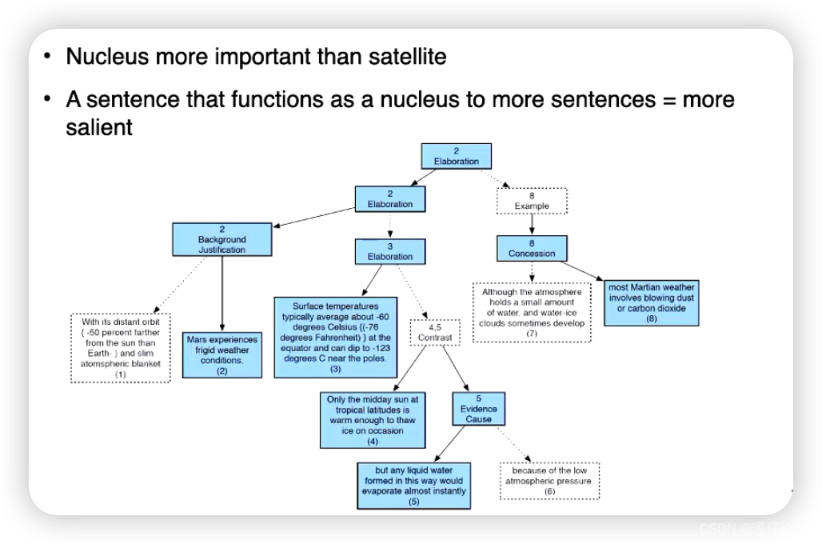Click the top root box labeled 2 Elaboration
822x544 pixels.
pos(456,156)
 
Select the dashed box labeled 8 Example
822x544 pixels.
pos(532,200)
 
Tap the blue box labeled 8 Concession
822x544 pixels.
pos(532,248)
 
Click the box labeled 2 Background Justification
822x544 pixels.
pos(221,239)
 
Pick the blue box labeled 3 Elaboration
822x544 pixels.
pos(390,251)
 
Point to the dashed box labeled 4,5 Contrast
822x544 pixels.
pos(434,332)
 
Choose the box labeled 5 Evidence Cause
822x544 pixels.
pos(479,408)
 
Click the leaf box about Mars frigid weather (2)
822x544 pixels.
pos(221,354)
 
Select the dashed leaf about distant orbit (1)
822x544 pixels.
pos(120,347)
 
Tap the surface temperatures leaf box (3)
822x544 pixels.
pos(336,337)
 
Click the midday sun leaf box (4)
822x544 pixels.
pos(372,419)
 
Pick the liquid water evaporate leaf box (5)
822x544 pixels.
pos(413,485)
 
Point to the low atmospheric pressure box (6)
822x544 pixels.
pos(549,480)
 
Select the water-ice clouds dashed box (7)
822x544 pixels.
pos(532,313)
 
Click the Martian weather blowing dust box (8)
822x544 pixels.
pos(652,302)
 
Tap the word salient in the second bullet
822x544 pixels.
pos(99,127)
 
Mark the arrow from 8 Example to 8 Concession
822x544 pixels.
pos(532,224)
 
